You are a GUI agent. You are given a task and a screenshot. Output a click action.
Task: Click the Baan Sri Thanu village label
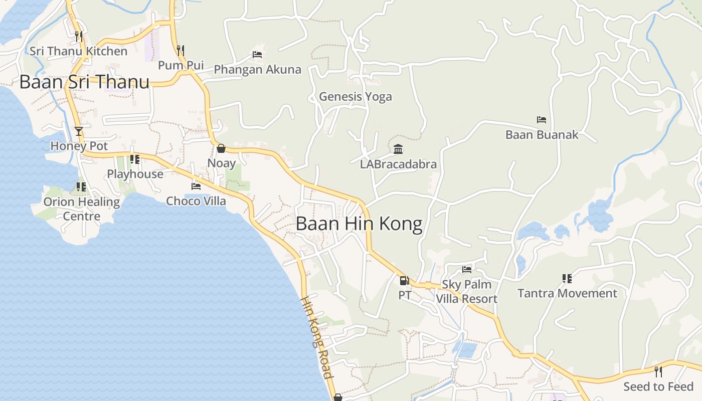click(x=84, y=82)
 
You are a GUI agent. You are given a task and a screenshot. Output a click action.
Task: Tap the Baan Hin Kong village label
click(x=359, y=224)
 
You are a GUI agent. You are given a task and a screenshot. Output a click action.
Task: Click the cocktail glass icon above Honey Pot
click(x=79, y=131)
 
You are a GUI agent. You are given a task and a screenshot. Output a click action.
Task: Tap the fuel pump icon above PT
click(x=404, y=281)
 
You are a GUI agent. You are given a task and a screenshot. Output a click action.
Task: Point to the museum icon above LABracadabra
click(x=399, y=149)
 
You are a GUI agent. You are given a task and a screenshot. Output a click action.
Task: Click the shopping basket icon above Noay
click(x=221, y=148)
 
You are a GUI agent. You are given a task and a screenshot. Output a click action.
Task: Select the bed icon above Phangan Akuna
click(x=257, y=55)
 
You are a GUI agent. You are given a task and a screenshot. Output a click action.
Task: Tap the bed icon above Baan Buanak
click(x=542, y=120)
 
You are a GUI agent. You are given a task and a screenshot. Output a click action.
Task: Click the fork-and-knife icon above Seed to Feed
click(x=658, y=371)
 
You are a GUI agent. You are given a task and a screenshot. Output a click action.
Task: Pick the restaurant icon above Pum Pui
click(x=181, y=50)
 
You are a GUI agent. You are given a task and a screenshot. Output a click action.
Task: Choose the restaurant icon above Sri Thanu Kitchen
click(x=79, y=36)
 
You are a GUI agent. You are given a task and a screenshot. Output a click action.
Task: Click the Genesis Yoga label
click(x=356, y=96)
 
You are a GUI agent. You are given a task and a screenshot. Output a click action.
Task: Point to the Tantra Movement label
click(x=567, y=293)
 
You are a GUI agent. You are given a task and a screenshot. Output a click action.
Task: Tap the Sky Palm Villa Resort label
click(x=466, y=292)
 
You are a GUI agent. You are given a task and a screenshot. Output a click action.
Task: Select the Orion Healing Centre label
click(x=82, y=209)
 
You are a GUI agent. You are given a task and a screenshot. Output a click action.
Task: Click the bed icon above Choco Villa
click(x=196, y=186)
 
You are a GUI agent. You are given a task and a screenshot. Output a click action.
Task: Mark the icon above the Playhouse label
click(x=135, y=159)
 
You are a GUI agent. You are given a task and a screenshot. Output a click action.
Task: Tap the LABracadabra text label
click(x=399, y=164)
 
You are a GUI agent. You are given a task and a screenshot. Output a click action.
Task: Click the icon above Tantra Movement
click(x=567, y=278)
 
